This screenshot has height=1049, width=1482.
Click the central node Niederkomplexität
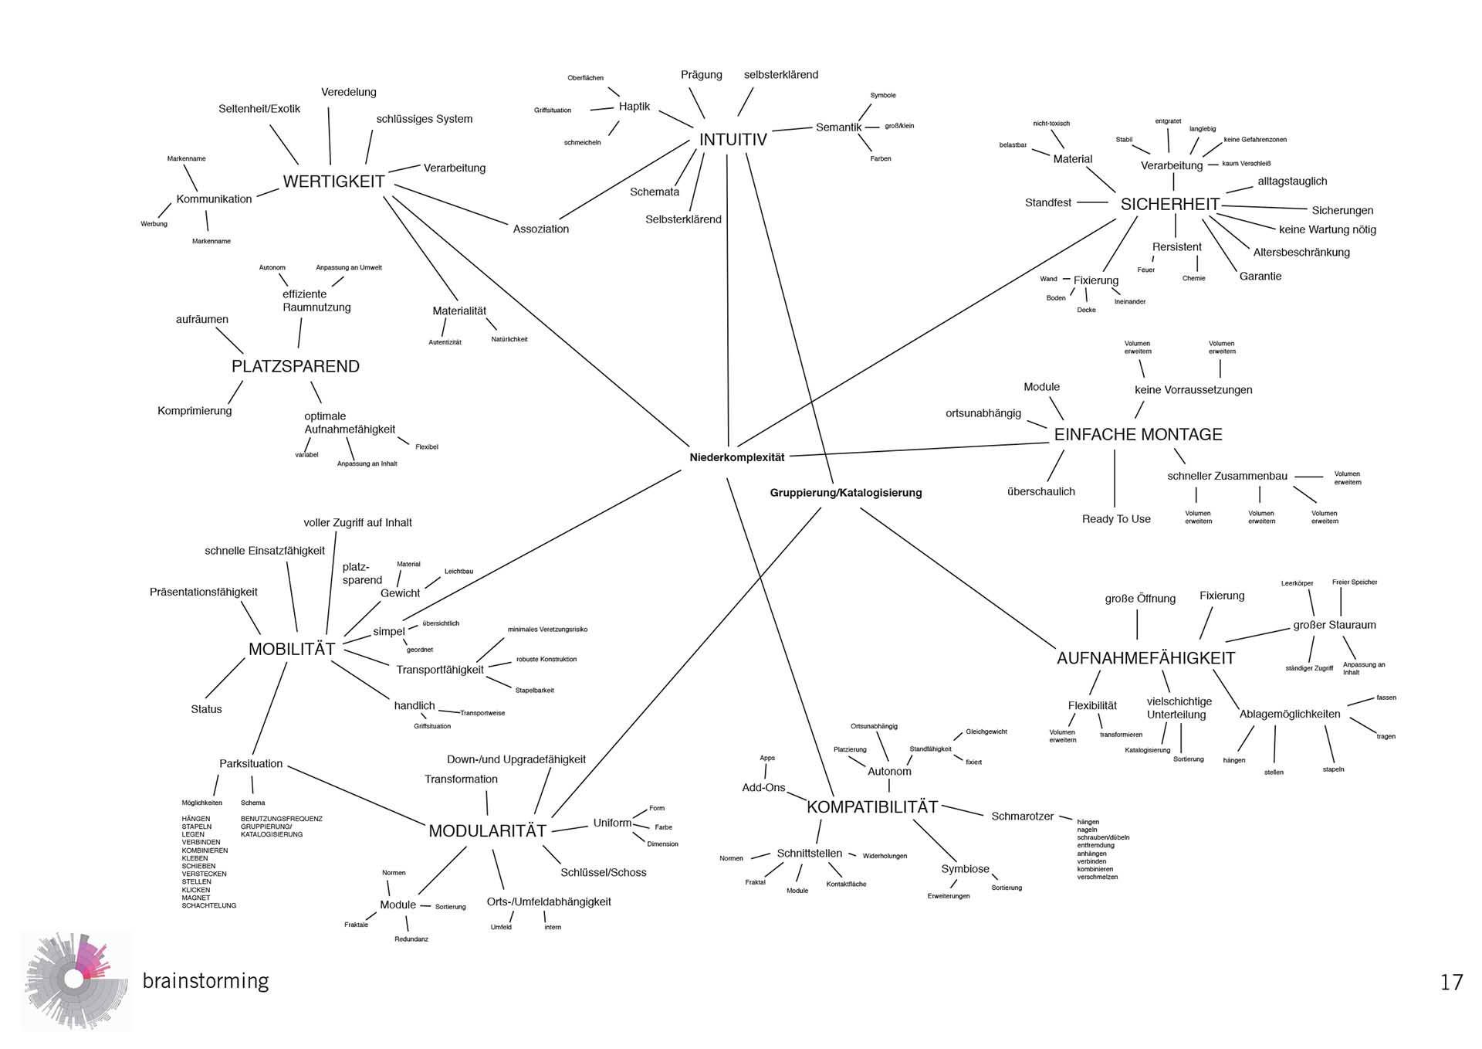(736, 457)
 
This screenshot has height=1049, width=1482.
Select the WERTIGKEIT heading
(333, 182)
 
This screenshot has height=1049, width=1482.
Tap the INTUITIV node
(733, 140)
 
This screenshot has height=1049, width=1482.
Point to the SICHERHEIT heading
(1169, 204)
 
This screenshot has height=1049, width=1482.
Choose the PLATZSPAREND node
(296, 366)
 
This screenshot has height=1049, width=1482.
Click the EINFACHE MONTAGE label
(1138, 434)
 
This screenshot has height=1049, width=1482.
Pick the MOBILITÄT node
(292, 649)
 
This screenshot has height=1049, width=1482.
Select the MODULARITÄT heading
(487, 831)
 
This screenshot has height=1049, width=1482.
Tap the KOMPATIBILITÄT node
(872, 807)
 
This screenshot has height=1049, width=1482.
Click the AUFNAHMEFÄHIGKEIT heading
(1145, 658)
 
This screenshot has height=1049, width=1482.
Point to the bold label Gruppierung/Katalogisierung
(845, 493)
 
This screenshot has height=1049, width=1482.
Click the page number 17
(1451, 982)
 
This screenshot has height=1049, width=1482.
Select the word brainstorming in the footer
(205, 981)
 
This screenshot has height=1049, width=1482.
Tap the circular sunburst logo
(75, 980)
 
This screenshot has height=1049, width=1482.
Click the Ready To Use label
(1115, 519)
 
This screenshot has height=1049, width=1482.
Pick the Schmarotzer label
(1022, 816)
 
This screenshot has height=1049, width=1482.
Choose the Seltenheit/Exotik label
(259, 109)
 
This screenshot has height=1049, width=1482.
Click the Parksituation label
(251, 764)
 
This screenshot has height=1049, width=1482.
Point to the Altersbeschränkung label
(1301, 253)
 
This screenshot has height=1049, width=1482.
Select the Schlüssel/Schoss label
(603, 873)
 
